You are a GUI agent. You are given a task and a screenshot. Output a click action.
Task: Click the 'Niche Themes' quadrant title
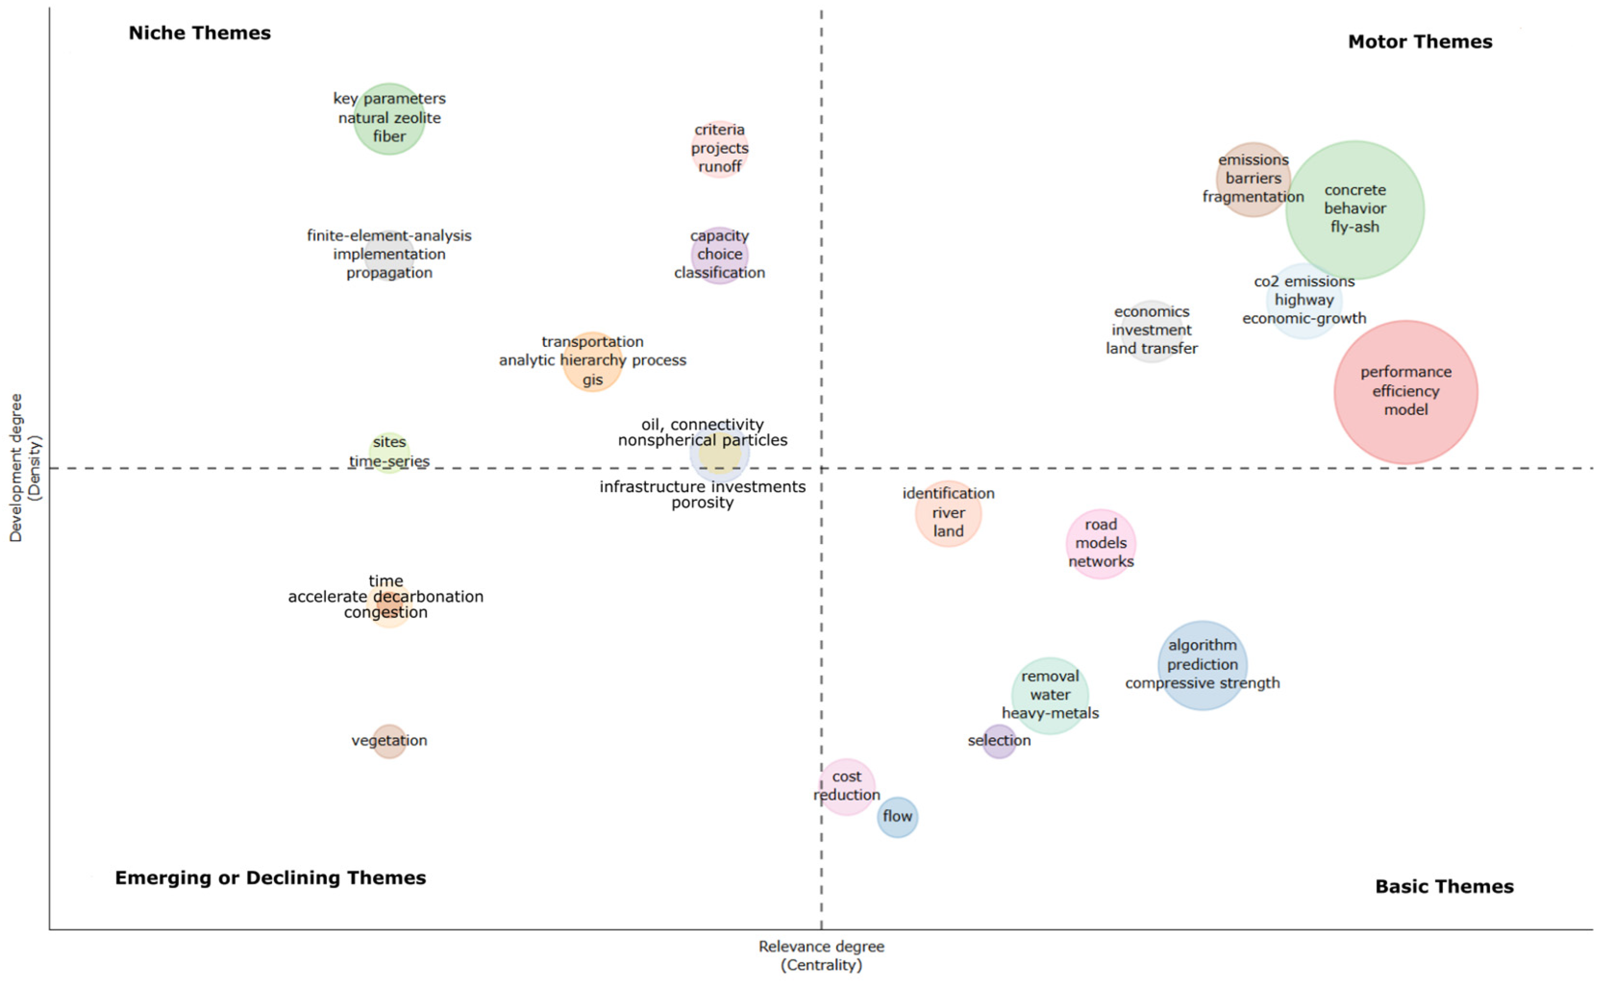(199, 33)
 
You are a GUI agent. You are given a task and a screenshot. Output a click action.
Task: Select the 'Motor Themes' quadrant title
(1420, 42)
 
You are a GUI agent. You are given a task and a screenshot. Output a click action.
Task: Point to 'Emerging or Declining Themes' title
(271, 878)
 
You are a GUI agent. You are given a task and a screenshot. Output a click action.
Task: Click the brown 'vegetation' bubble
(389, 741)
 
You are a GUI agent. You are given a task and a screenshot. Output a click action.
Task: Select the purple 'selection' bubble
(999, 741)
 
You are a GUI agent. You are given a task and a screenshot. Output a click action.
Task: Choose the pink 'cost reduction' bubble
(846, 786)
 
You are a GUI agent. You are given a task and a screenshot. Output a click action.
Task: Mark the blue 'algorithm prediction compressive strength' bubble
(1202, 664)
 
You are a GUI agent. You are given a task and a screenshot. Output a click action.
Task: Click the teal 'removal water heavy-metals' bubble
(1050, 695)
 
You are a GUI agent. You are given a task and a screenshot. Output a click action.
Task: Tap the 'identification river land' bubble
(948, 513)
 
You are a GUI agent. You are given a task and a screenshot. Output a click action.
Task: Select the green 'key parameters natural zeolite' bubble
(389, 119)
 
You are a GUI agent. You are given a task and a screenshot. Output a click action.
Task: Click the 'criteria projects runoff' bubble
(719, 148)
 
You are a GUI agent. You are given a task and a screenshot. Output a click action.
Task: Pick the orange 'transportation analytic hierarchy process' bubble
(592, 361)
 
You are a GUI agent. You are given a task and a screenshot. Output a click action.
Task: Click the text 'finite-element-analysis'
(389, 235)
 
